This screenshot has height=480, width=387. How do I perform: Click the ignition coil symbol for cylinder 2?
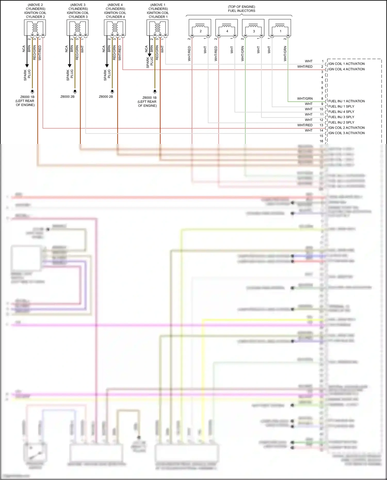tap(35, 28)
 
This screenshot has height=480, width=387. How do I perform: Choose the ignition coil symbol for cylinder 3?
tap(77, 28)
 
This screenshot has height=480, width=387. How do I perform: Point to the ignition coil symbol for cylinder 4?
tap(115, 28)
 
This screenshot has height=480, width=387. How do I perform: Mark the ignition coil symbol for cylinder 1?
tap(157, 28)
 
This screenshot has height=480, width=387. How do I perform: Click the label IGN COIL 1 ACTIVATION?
tap(346, 64)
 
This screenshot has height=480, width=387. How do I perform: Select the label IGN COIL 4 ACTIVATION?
tap(346, 69)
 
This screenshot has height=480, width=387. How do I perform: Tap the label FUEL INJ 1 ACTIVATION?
tap(346, 101)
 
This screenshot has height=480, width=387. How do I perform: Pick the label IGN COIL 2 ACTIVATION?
tap(346, 128)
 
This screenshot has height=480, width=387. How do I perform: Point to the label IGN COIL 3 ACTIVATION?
tap(346, 133)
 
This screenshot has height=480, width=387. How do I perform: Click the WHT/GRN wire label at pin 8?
tap(305, 99)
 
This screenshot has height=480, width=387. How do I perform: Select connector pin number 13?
tap(321, 125)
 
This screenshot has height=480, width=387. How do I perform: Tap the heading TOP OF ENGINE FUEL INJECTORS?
tap(241, 9)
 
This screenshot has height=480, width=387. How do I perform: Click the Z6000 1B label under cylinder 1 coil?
tap(149, 98)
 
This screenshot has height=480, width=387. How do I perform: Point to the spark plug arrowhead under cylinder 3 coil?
tap(69, 66)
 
